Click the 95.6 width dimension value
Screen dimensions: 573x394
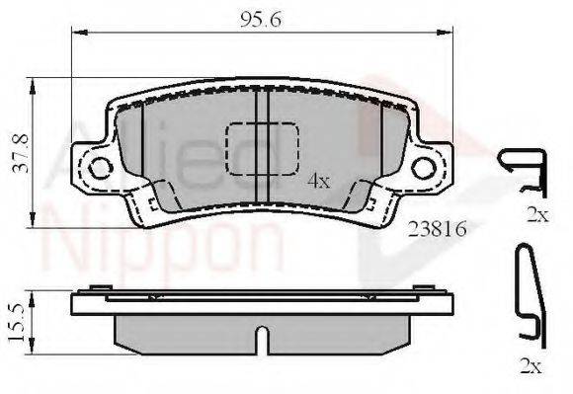pyautogui.click(x=261, y=20)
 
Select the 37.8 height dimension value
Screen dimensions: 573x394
pyautogui.click(x=20, y=153)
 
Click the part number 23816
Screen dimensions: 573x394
pyautogui.click(x=437, y=229)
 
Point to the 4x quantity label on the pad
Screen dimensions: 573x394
pyautogui.click(x=319, y=181)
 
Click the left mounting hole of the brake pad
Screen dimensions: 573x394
pyautogui.click(x=101, y=168)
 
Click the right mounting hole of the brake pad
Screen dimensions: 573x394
pyautogui.click(x=424, y=168)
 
